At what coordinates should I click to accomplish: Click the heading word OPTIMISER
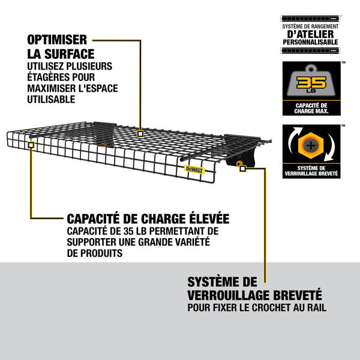pyautogui.click(x=56, y=40)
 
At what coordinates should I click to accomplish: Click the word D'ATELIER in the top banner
pyautogui.click(x=310, y=34)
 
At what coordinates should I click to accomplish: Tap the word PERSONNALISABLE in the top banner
pyautogui.click(x=310, y=43)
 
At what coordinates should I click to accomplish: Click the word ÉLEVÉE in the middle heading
pyautogui.click(x=203, y=219)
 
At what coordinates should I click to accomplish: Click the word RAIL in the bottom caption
pyautogui.click(x=314, y=310)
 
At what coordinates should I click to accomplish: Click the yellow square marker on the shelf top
pyautogui.click(x=140, y=133)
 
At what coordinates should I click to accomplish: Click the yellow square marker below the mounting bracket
pyautogui.click(x=242, y=169)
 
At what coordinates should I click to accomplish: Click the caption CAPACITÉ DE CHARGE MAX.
pyautogui.click(x=310, y=108)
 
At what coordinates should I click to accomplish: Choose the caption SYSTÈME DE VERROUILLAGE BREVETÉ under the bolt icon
pyautogui.click(x=310, y=171)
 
